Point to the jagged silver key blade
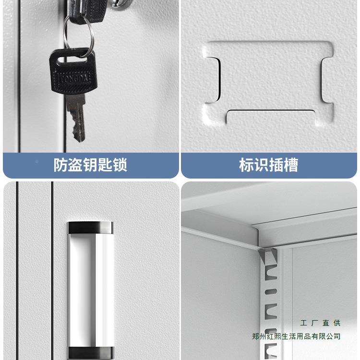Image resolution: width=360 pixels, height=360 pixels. pyautogui.click(x=76, y=118)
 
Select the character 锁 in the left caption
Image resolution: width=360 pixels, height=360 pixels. pyautogui.click(x=120, y=165)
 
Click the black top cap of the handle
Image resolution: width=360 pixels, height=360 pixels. pyautogui.click(x=90, y=227)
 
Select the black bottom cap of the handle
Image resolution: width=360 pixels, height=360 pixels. pyautogui.click(x=90, y=352)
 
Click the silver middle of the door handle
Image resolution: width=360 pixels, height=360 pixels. pyautogui.click(x=90, y=288)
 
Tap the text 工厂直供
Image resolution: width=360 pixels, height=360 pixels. pyautogui.click(x=320, y=323)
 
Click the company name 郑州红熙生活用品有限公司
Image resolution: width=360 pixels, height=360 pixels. pyautogui.click(x=296, y=336)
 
